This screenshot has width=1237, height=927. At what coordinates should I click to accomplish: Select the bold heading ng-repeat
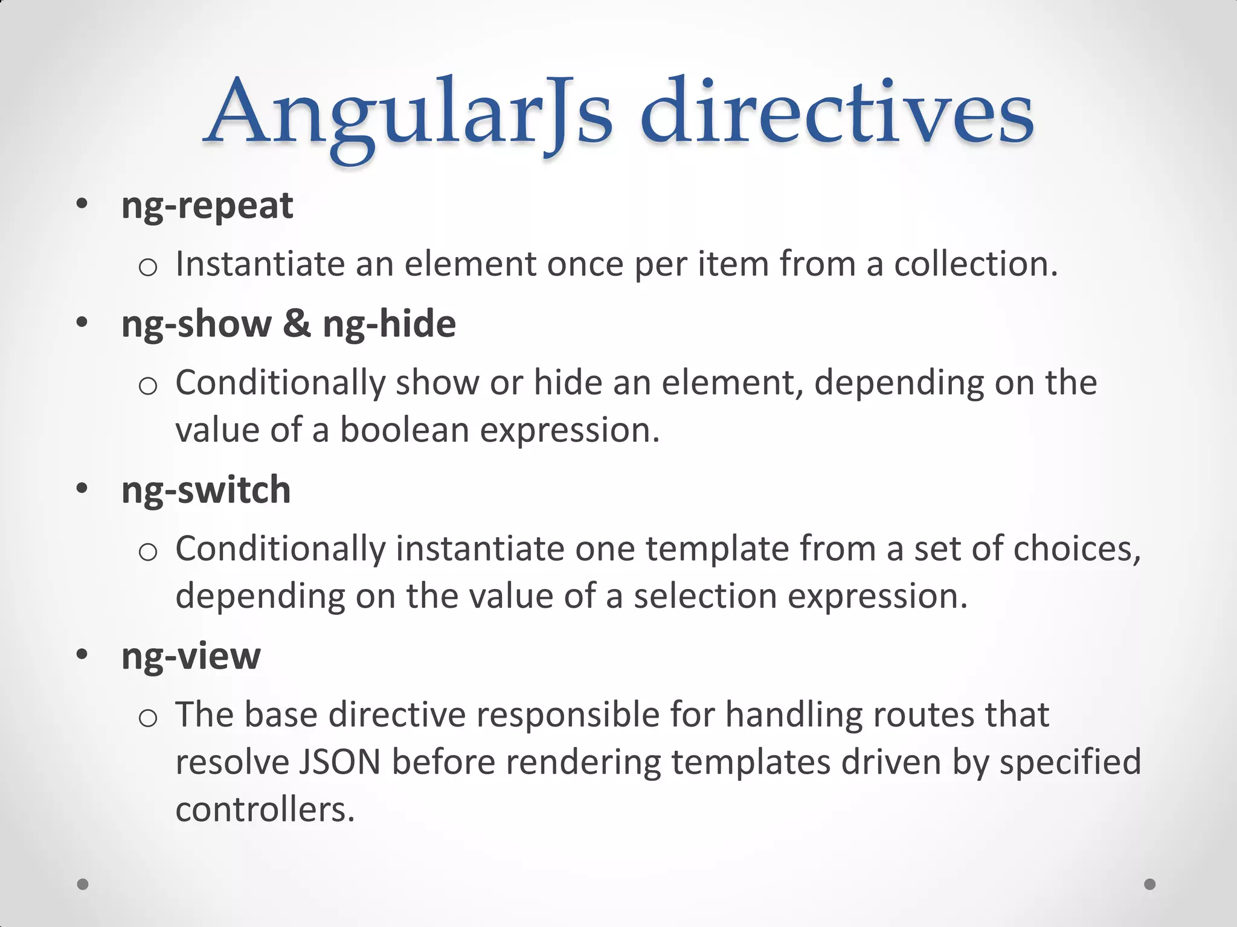coord(207,206)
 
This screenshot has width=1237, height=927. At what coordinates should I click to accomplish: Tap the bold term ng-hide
coord(389,325)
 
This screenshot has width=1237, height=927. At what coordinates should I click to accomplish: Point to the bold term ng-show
coord(197,325)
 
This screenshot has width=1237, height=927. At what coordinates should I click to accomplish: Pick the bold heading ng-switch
coord(206,489)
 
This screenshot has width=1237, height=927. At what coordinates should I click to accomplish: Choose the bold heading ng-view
coord(191,656)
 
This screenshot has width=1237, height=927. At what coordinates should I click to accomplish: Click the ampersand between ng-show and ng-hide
coord(297,323)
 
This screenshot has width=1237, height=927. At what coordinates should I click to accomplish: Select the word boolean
coord(405,430)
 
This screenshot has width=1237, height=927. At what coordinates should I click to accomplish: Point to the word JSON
coord(339,762)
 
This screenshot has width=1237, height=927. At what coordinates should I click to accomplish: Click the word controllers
coord(265,809)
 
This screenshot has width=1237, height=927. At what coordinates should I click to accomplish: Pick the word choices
coord(1076,549)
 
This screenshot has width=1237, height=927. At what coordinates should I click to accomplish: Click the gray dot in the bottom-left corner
coord(83,884)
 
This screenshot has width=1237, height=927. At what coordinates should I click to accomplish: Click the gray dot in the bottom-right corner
coord(1150,884)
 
